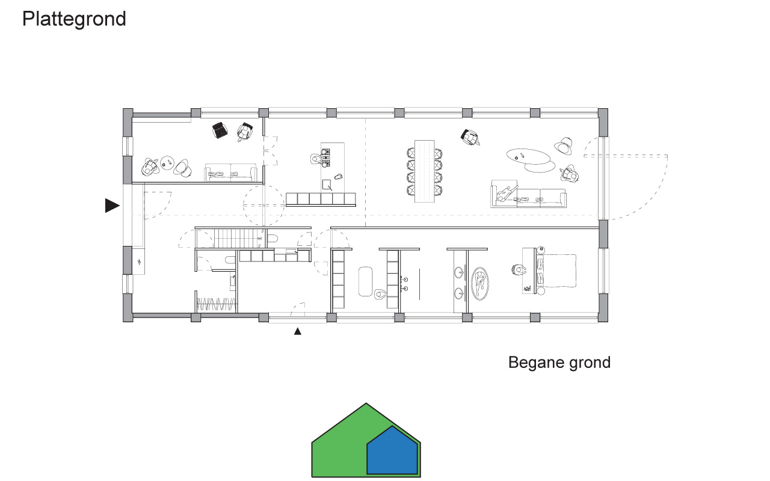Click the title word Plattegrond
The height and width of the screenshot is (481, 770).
click(x=74, y=19)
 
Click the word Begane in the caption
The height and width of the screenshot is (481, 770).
click(x=537, y=363)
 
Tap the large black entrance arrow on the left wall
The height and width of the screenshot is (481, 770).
click(x=112, y=206)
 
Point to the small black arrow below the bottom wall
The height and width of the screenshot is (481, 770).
click(x=298, y=331)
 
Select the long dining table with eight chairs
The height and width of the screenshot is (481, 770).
click(x=425, y=171)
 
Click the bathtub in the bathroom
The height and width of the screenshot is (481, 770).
click(x=365, y=281)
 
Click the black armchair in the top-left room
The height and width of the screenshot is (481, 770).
click(x=220, y=130)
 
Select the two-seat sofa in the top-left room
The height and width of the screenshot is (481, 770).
click(x=230, y=172)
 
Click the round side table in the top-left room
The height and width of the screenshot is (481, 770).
click(x=167, y=162)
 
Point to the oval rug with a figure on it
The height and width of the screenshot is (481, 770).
click(x=480, y=284)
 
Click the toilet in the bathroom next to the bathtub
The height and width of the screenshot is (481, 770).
click(x=380, y=295)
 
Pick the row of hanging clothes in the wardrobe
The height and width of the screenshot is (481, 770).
click(x=216, y=304)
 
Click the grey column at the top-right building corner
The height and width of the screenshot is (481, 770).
click(x=603, y=123)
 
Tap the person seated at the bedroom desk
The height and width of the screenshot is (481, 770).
click(x=518, y=270)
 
